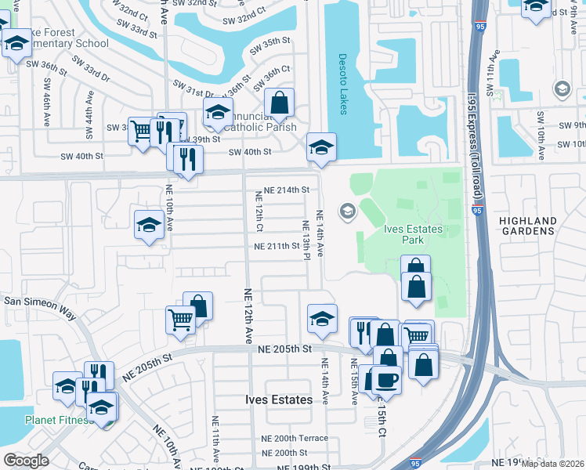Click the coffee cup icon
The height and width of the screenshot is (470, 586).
(385, 380)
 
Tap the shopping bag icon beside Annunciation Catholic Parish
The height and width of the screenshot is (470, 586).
(280, 103)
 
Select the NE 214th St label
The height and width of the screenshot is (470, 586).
(287, 190)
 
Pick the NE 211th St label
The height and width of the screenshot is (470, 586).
(277, 246)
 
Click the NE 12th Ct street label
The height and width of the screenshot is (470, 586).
(258, 211)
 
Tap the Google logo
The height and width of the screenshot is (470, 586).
(27, 461)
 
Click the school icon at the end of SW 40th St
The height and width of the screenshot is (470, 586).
(320, 146)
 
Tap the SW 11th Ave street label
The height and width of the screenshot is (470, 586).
(494, 71)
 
